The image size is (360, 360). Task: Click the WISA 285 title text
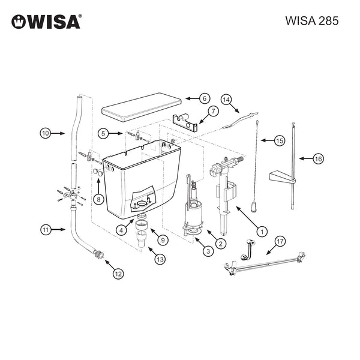[312, 21]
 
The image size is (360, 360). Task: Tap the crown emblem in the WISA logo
[19, 22]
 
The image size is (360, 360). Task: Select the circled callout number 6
[205, 98]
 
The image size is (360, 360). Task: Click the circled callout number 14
[226, 100]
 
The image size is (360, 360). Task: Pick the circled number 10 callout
[46, 133]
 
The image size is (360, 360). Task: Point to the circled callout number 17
[280, 242]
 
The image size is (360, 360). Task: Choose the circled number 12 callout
[118, 274]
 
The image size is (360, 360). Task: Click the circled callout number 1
[262, 232]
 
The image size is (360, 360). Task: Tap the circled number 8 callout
[98, 199]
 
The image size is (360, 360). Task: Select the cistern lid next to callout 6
[142, 107]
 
